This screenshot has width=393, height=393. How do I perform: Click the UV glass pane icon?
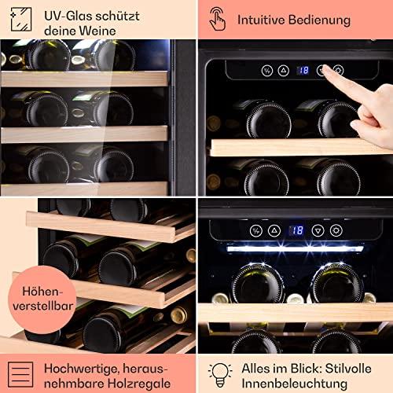click(x=21, y=20)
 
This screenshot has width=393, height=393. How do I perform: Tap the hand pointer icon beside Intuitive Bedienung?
click(x=217, y=19)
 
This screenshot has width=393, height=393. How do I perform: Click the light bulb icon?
click(x=220, y=375)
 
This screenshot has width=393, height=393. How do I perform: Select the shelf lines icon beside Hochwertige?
click(x=20, y=375)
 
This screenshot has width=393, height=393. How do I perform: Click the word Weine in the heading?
click(x=98, y=31)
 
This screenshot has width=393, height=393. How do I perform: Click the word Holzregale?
click(x=139, y=384)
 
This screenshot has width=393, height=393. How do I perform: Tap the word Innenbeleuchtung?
click(x=295, y=384)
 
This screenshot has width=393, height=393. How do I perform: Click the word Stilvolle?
click(x=348, y=369)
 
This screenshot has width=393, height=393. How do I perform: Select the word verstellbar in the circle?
click(x=43, y=306)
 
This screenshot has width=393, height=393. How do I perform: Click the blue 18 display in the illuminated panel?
click(x=296, y=230)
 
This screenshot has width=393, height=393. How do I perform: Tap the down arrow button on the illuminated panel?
click(x=318, y=231)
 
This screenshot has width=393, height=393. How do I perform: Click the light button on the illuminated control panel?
click(x=336, y=230)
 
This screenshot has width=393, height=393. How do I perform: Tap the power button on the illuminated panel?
click(x=255, y=231)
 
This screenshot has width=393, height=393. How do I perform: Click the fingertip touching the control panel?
click(x=325, y=69)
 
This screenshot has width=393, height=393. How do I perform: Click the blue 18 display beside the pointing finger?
click(x=303, y=70)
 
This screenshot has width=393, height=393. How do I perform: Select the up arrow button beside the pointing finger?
click(x=283, y=70)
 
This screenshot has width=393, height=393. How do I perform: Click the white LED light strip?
click(x=295, y=248)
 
